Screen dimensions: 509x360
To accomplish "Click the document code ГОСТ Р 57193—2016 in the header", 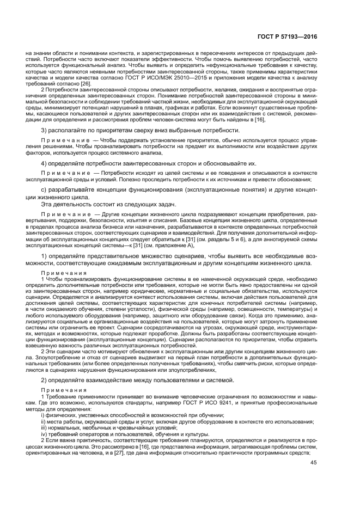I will coord(289,37).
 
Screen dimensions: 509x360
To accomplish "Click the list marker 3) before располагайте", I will coord(45,131).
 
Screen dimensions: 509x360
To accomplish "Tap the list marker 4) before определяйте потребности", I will coord(45,163).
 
